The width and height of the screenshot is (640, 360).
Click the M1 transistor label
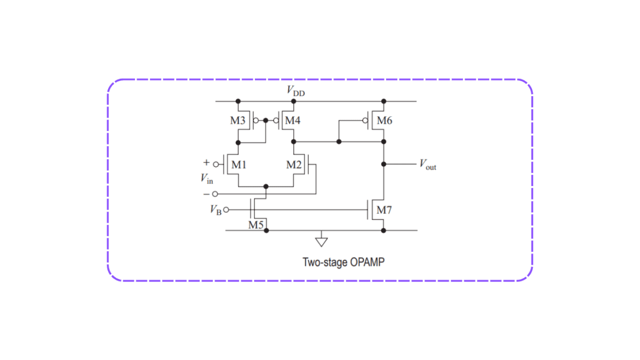(x=238, y=164)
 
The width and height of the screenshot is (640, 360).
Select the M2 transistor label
(x=293, y=164)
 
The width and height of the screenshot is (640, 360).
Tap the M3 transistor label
(x=238, y=121)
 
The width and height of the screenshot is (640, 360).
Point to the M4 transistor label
(x=292, y=121)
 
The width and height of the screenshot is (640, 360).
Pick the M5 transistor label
(x=256, y=225)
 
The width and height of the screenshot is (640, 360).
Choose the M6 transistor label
(x=384, y=121)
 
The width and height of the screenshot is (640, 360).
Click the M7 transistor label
(x=384, y=210)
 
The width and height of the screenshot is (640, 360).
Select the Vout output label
(x=427, y=165)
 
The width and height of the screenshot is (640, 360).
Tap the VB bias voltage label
(x=215, y=210)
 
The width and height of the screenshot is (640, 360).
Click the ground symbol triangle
(x=321, y=242)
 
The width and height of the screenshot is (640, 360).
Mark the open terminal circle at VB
(x=226, y=210)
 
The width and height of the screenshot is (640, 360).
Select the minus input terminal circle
(x=215, y=194)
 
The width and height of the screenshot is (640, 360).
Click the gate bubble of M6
(x=365, y=121)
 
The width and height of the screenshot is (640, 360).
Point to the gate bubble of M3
(x=255, y=121)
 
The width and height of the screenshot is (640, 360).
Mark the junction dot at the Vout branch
(x=383, y=165)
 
